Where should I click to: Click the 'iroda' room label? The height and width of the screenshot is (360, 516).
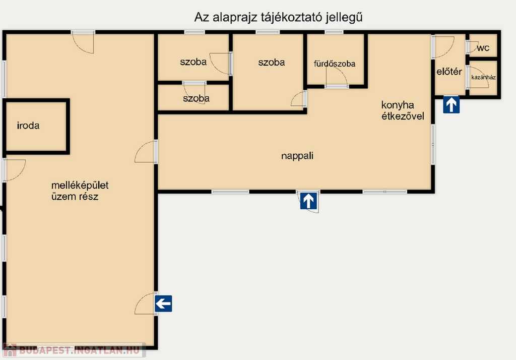point(28,126)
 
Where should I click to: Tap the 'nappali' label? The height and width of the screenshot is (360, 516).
point(297,156)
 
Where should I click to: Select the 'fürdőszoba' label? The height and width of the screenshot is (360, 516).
point(335,64)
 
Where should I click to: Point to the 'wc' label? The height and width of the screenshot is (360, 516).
point(483,48)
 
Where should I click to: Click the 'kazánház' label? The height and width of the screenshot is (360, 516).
point(483,78)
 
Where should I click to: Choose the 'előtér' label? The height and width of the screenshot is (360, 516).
point(449,72)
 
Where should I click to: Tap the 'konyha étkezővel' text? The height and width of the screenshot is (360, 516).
point(403,110)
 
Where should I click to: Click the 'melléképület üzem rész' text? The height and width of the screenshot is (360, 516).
point(80,191)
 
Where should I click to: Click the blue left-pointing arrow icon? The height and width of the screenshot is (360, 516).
point(164,304)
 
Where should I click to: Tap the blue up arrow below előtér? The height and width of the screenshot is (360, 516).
point(451,105)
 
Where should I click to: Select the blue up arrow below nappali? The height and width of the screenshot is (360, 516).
point(308,201)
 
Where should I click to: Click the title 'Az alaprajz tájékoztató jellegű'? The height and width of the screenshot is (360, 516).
point(278,17)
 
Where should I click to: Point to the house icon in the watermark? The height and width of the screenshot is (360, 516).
point(10,350)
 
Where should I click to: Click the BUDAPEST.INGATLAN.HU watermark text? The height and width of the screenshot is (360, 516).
point(79,350)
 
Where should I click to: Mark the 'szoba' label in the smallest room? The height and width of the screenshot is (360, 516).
point(196,98)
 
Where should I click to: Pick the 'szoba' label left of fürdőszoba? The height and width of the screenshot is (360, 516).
point(272,62)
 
